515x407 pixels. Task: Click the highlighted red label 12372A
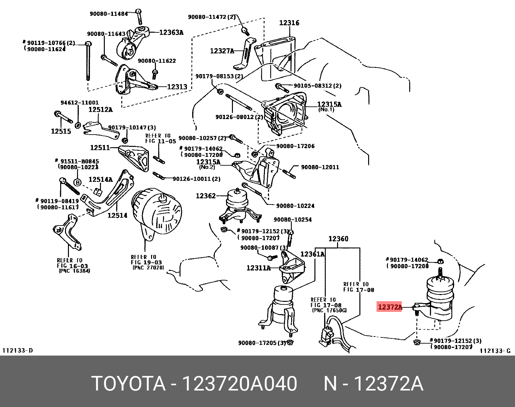coord(389,307)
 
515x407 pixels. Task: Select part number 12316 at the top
coord(289,23)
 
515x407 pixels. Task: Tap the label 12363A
coord(171,32)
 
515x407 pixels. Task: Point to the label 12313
coord(177,87)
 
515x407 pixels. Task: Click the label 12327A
coord(222,51)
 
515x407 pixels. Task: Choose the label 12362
coord(205,196)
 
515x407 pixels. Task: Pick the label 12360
coord(338,239)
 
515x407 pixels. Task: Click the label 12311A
coord(258,268)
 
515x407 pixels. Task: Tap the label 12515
coord(60,131)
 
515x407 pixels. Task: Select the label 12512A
coord(100,110)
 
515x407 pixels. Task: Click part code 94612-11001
coord(80,103)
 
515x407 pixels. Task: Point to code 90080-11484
coord(108,14)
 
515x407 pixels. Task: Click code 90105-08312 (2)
coord(317,86)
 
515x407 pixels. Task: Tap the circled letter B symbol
coord(77,182)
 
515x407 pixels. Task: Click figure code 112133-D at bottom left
coord(18,350)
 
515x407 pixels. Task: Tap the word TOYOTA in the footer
coord(128,384)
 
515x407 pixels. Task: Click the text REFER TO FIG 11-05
coord(160,138)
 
